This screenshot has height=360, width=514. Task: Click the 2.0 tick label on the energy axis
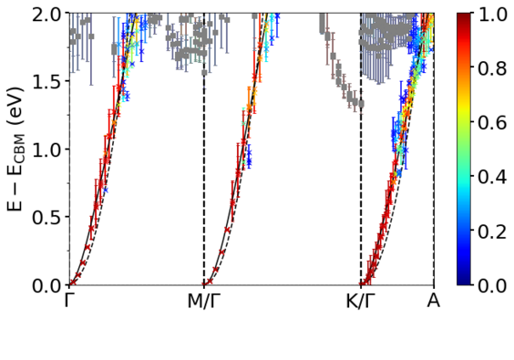click(47, 15)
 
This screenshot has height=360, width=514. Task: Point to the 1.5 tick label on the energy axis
click(47, 81)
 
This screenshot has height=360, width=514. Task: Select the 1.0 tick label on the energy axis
click(47, 149)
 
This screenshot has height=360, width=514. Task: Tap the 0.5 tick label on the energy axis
click(47, 217)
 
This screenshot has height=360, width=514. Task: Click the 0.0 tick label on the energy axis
click(47, 285)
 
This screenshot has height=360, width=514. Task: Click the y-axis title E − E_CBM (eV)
click(15, 149)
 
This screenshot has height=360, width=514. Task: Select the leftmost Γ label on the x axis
click(67, 301)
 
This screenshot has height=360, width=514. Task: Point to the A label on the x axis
click(434, 301)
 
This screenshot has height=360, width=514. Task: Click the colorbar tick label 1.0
click(492, 15)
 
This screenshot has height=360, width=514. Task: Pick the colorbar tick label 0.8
click(492, 68)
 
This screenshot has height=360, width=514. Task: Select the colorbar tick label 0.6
click(492, 123)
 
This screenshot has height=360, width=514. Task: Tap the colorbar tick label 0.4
click(492, 177)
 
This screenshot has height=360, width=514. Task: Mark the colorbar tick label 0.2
click(492, 231)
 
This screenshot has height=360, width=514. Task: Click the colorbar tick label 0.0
click(492, 285)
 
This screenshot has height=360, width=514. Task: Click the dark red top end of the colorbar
click(464, 15)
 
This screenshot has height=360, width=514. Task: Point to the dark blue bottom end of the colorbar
click(464, 283)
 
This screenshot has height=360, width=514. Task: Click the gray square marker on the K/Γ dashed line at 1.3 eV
click(361, 104)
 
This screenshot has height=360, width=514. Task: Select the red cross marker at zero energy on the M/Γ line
click(204, 284)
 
